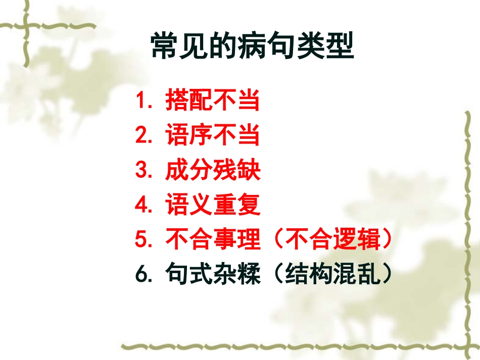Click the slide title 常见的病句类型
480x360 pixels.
pyautogui.click(x=252, y=47)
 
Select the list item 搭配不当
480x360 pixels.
pyautogui.click(x=212, y=101)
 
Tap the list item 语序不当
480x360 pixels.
pyautogui.click(x=212, y=136)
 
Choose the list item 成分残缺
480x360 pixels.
pyautogui.click(x=212, y=171)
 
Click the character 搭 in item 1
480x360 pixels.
pyautogui.click(x=177, y=101)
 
